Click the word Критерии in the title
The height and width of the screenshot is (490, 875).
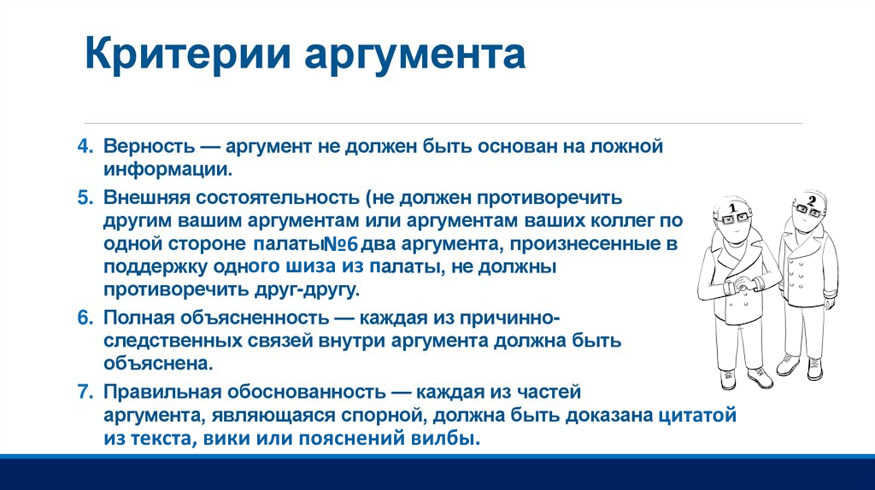188,54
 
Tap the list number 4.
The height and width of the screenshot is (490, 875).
85,147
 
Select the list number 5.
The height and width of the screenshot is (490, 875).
85,198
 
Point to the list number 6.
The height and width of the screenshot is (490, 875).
85,318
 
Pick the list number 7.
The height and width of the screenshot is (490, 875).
85,392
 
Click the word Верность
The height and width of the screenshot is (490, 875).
150,147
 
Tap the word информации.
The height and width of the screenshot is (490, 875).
168,170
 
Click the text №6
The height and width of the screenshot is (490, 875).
341,245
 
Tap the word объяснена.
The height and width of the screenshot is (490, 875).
158,364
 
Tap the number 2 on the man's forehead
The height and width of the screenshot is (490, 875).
812,201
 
